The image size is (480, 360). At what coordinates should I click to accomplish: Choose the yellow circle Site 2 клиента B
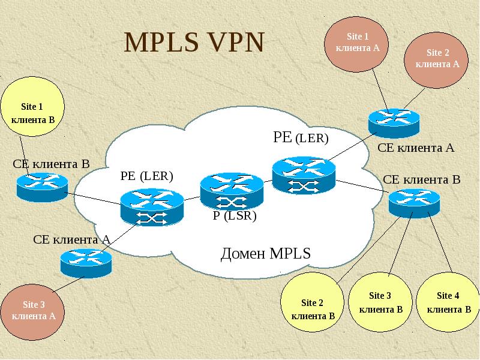(312, 308)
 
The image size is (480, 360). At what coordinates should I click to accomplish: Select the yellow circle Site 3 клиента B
(380, 303)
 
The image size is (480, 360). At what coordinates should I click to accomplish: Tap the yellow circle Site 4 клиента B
(448, 303)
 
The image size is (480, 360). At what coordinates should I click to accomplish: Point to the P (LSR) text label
(235, 217)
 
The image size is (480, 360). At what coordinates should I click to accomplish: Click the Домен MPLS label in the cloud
(266, 253)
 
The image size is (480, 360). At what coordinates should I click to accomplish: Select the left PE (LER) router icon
(151, 206)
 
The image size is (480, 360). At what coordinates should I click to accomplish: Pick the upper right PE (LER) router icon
(303, 175)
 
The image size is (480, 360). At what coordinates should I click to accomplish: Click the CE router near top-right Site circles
(394, 122)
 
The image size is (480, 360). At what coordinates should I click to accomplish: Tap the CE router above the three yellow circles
(414, 202)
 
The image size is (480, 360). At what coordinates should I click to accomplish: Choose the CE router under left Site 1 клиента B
(41, 186)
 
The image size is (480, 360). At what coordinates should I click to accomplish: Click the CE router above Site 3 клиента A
(86, 262)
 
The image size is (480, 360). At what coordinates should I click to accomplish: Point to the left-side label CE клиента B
(51, 164)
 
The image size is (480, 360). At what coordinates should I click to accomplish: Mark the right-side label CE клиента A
(416, 148)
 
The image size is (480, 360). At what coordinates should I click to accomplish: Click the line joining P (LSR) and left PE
(191, 199)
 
